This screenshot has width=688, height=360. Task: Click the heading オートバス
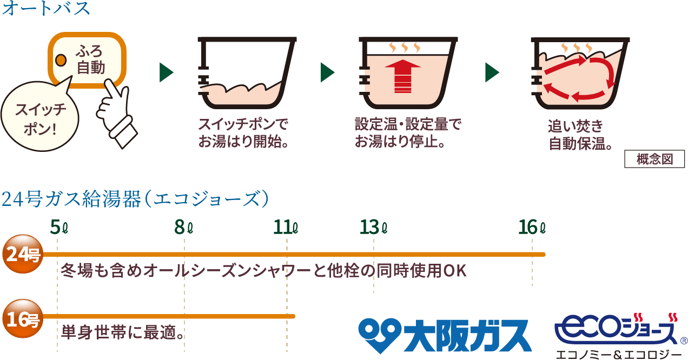coord(46,10)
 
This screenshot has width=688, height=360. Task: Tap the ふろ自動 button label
coord(90,59)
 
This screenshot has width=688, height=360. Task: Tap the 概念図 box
coord(654,159)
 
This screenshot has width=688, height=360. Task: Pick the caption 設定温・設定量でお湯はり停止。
coord(408,133)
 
